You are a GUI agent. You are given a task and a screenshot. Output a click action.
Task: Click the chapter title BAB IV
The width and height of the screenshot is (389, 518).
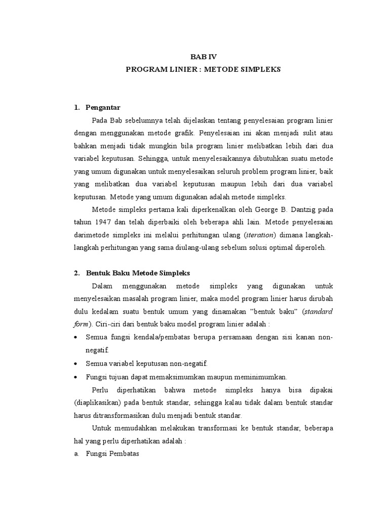[203, 57]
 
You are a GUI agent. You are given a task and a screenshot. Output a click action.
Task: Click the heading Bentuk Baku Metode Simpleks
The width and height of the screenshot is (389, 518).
[138, 273]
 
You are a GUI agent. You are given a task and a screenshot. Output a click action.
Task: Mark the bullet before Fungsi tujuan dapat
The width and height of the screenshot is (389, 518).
[76, 377]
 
